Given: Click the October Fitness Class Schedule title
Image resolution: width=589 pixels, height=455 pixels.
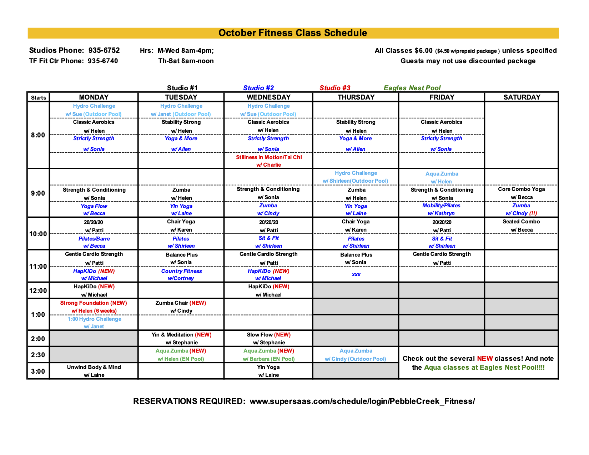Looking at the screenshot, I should [x=293, y=33].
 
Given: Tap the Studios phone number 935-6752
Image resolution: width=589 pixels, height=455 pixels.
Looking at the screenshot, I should [x=104, y=50].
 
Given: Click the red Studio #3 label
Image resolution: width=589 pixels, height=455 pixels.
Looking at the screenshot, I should [x=335, y=88].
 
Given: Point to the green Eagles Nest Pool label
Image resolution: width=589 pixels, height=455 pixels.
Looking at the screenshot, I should [x=412, y=88].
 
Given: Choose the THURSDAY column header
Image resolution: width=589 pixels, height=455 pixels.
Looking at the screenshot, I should [x=356, y=97].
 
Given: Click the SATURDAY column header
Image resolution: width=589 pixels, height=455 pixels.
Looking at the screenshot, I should [x=522, y=97].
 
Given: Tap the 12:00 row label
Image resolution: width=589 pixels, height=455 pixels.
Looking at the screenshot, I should [x=38, y=290].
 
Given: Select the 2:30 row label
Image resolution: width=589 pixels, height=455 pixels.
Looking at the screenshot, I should [x=38, y=355].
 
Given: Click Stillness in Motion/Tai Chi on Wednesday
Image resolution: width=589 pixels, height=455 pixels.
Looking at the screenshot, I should [x=269, y=157].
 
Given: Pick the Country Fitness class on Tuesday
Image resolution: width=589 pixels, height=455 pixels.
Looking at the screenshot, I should [x=181, y=271].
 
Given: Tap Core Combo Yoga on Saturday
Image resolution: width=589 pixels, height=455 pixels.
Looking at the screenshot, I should [x=521, y=189].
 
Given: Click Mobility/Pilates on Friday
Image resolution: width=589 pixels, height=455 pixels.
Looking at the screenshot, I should [x=441, y=206].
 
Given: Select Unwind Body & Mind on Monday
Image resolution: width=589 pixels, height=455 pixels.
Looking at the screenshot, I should [x=94, y=367].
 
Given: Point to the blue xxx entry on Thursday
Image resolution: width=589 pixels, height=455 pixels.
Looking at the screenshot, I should [x=356, y=274].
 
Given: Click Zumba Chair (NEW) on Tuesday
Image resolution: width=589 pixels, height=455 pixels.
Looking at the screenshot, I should [x=181, y=303].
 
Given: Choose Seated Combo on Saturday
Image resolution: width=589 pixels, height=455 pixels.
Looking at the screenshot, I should [x=521, y=222].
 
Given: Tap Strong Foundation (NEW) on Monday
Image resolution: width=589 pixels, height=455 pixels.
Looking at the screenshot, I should [x=94, y=303].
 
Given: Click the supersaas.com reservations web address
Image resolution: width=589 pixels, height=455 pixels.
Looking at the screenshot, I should [x=362, y=401].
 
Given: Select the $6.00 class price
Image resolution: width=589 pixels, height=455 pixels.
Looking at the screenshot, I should [x=423, y=50].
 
